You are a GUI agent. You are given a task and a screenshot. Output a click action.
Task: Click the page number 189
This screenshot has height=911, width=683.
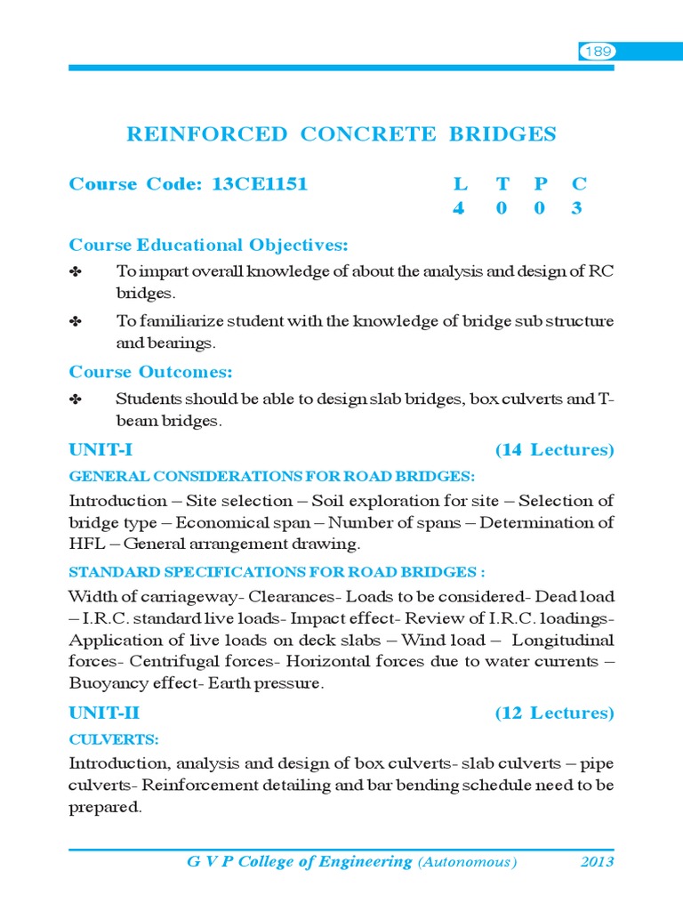[x=598, y=52]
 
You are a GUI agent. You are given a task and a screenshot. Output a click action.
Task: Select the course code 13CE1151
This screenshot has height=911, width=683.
[x=260, y=184]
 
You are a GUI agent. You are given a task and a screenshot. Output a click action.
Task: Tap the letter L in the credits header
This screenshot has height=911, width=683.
[x=460, y=184]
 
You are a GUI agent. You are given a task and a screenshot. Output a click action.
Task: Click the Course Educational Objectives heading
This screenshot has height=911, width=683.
[x=208, y=245]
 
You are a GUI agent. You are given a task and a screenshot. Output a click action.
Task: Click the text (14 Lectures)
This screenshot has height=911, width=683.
[x=554, y=450]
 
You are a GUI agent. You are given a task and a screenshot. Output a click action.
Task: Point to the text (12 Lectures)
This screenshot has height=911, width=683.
[x=554, y=713]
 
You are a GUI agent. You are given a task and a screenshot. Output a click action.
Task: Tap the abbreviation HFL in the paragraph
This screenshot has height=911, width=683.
[x=87, y=544]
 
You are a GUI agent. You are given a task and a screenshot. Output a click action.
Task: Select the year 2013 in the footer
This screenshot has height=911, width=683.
[x=597, y=862]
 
